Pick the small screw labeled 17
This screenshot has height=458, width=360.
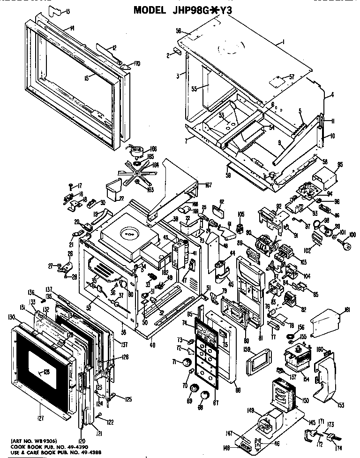point(70,185)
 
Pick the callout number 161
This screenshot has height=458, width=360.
point(347,310)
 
